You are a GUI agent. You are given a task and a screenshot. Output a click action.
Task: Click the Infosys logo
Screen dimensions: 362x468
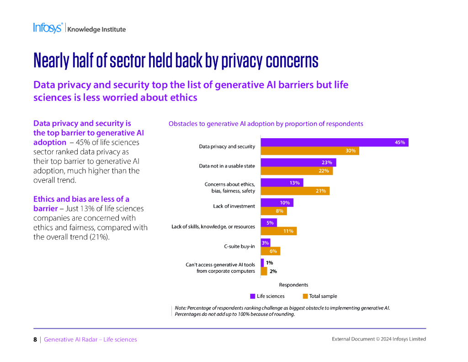(48, 28)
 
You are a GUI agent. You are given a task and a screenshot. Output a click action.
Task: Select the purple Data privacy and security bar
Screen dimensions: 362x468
(334, 142)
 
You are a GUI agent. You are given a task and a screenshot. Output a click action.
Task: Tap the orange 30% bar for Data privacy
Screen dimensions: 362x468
(310, 151)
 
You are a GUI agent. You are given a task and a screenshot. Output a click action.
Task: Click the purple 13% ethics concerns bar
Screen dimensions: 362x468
(282, 183)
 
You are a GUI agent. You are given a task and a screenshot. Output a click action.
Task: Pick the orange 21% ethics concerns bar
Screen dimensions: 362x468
(295, 191)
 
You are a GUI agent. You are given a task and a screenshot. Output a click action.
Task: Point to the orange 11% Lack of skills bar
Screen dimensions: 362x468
(278, 231)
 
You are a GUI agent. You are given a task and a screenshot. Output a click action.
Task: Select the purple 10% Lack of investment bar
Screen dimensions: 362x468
(277, 203)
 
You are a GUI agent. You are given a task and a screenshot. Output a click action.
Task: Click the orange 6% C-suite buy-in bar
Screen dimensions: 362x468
(270, 251)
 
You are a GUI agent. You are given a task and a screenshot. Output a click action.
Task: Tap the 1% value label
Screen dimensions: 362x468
(270, 263)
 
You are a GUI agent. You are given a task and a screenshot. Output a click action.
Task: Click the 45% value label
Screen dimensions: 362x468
(400, 142)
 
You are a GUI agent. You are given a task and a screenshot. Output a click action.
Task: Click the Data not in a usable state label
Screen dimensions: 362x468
(227, 166)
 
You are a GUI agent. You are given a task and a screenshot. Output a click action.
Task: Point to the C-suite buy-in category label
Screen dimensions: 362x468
(239, 246)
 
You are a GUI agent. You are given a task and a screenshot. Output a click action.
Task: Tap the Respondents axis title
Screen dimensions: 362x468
(293, 285)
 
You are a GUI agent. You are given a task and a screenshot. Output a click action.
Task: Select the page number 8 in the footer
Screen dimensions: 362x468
(35, 340)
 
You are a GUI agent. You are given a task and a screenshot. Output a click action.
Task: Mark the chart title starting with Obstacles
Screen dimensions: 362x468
(266, 124)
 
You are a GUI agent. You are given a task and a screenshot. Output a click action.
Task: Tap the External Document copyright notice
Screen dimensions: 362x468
(378, 339)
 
